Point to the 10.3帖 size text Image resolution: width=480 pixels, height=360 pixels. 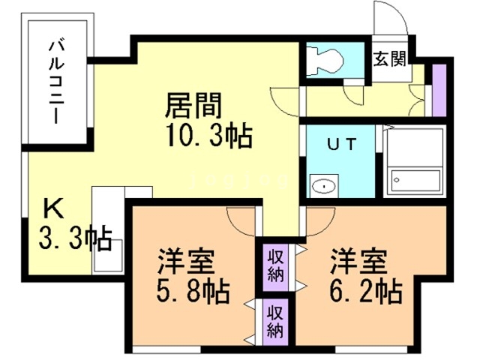coord(206,136)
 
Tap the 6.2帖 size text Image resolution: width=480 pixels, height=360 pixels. coord(365,289)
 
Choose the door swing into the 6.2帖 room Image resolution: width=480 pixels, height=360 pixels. coord(319,218)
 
